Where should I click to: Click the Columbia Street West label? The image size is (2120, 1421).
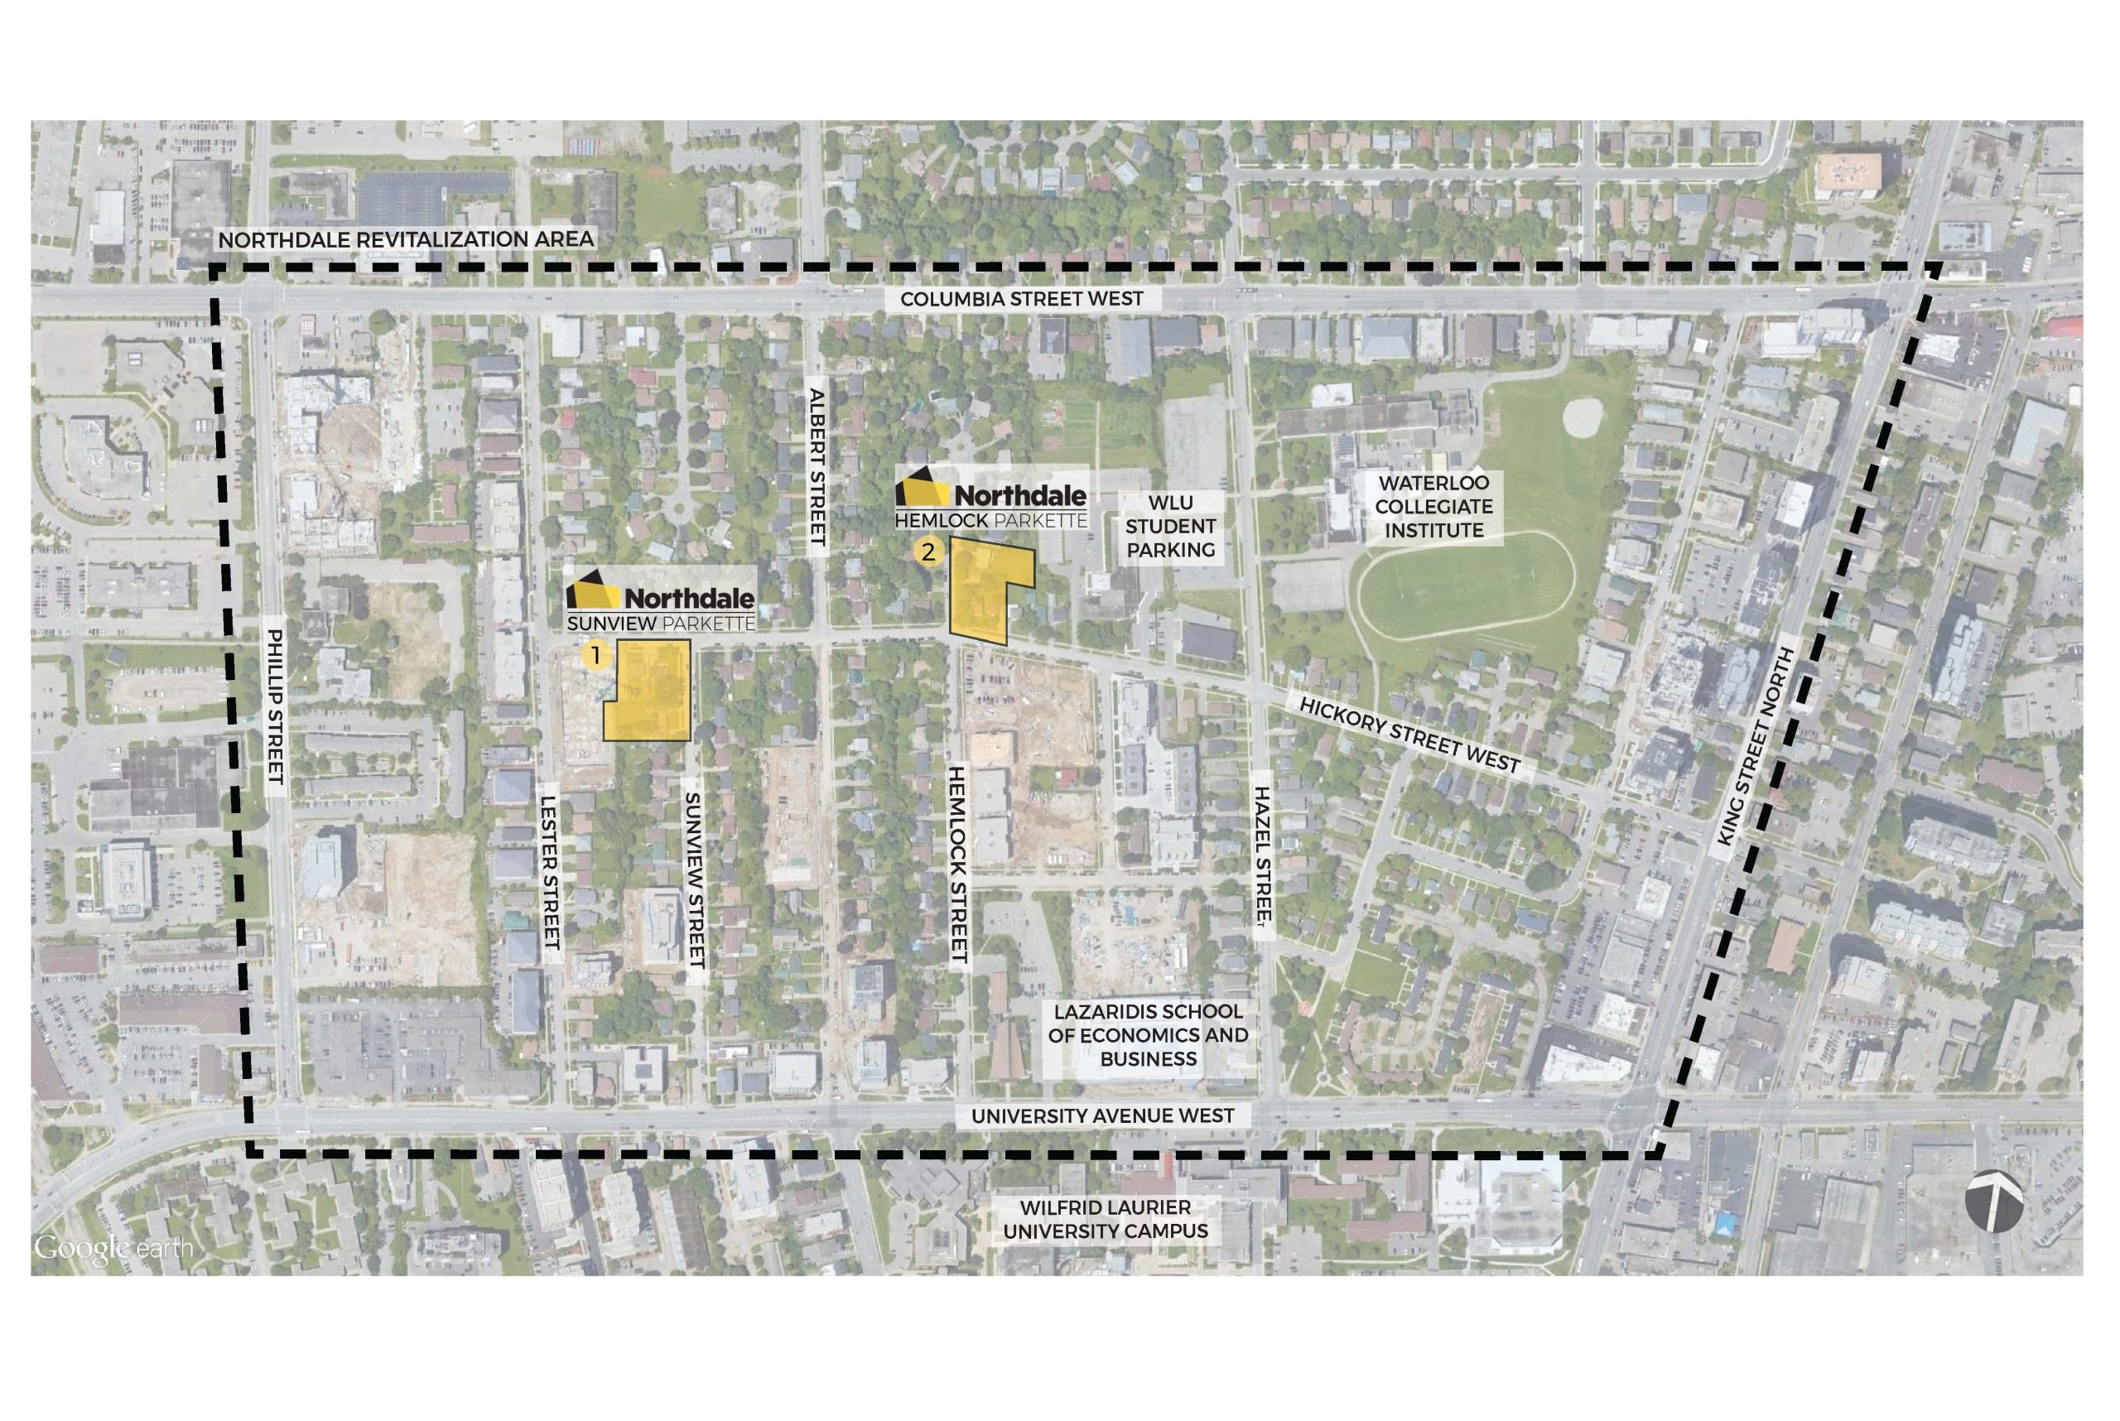pyautogui.click(x=1021, y=299)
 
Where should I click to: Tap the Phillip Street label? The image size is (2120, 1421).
pyautogui.click(x=276, y=707)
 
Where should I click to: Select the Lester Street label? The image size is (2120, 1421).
pyautogui.click(x=549, y=873)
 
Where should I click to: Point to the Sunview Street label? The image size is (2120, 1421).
pyautogui.click(x=694, y=880)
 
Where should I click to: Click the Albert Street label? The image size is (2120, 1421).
pyautogui.click(x=817, y=467)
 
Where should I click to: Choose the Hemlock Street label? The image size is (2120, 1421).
pyautogui.click(x=957, y=864)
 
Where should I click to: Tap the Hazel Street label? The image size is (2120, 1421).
pyautogui.click(x=1264, y=855)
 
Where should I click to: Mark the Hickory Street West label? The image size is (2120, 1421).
pyautogui.click(x=1409, y=734)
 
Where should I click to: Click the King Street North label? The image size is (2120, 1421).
pyautogui.click(x=1756, y=747)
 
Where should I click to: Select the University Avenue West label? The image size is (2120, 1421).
pyautogui.click(x=1102, y=1116)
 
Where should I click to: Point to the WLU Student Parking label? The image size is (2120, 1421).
pyautogui.click(x=1170, y=527)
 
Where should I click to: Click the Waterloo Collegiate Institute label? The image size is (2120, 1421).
pyautogui.click(x=1433, y=507)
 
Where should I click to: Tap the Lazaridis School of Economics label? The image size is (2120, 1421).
pyautogui.click(x=1148, y=1035)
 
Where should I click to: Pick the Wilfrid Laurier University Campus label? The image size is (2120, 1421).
pyautogui.click(x=1105, y=1219)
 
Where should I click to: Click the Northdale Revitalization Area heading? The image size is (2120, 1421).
pyautogui.click(x=406, y=239)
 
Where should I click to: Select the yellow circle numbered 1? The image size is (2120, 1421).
pyautogui.click(x=595, y=654)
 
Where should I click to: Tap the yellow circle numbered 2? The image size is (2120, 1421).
pyautogui.click(x=928, y=551)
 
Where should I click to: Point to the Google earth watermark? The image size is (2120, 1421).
pyautogui.click(x=113, y=1248)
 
